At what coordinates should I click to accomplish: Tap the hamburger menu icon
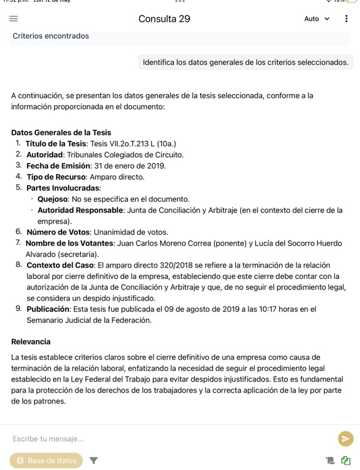click(x=14, y=19)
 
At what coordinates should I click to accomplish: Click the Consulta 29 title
click(x=164, y=19)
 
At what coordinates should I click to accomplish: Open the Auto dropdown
click(x=317, y=19)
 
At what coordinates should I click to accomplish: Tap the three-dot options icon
click(x=346, y=19)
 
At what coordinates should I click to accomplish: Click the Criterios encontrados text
click(x=51, y=36)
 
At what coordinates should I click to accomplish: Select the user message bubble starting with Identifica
click(x=245, y=62)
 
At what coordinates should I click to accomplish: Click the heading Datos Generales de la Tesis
click(x=61, y=133)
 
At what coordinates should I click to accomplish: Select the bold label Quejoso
click(x=52, y=199)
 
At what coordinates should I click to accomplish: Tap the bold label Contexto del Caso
click(x=60, y=265)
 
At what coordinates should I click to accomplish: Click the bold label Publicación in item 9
click(x=48, y=309)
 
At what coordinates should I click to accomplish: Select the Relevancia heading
click(x=31, y=342)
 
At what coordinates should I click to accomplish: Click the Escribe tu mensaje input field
click(x=169, y=439)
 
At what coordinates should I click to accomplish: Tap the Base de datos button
click(x=46, y=461)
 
